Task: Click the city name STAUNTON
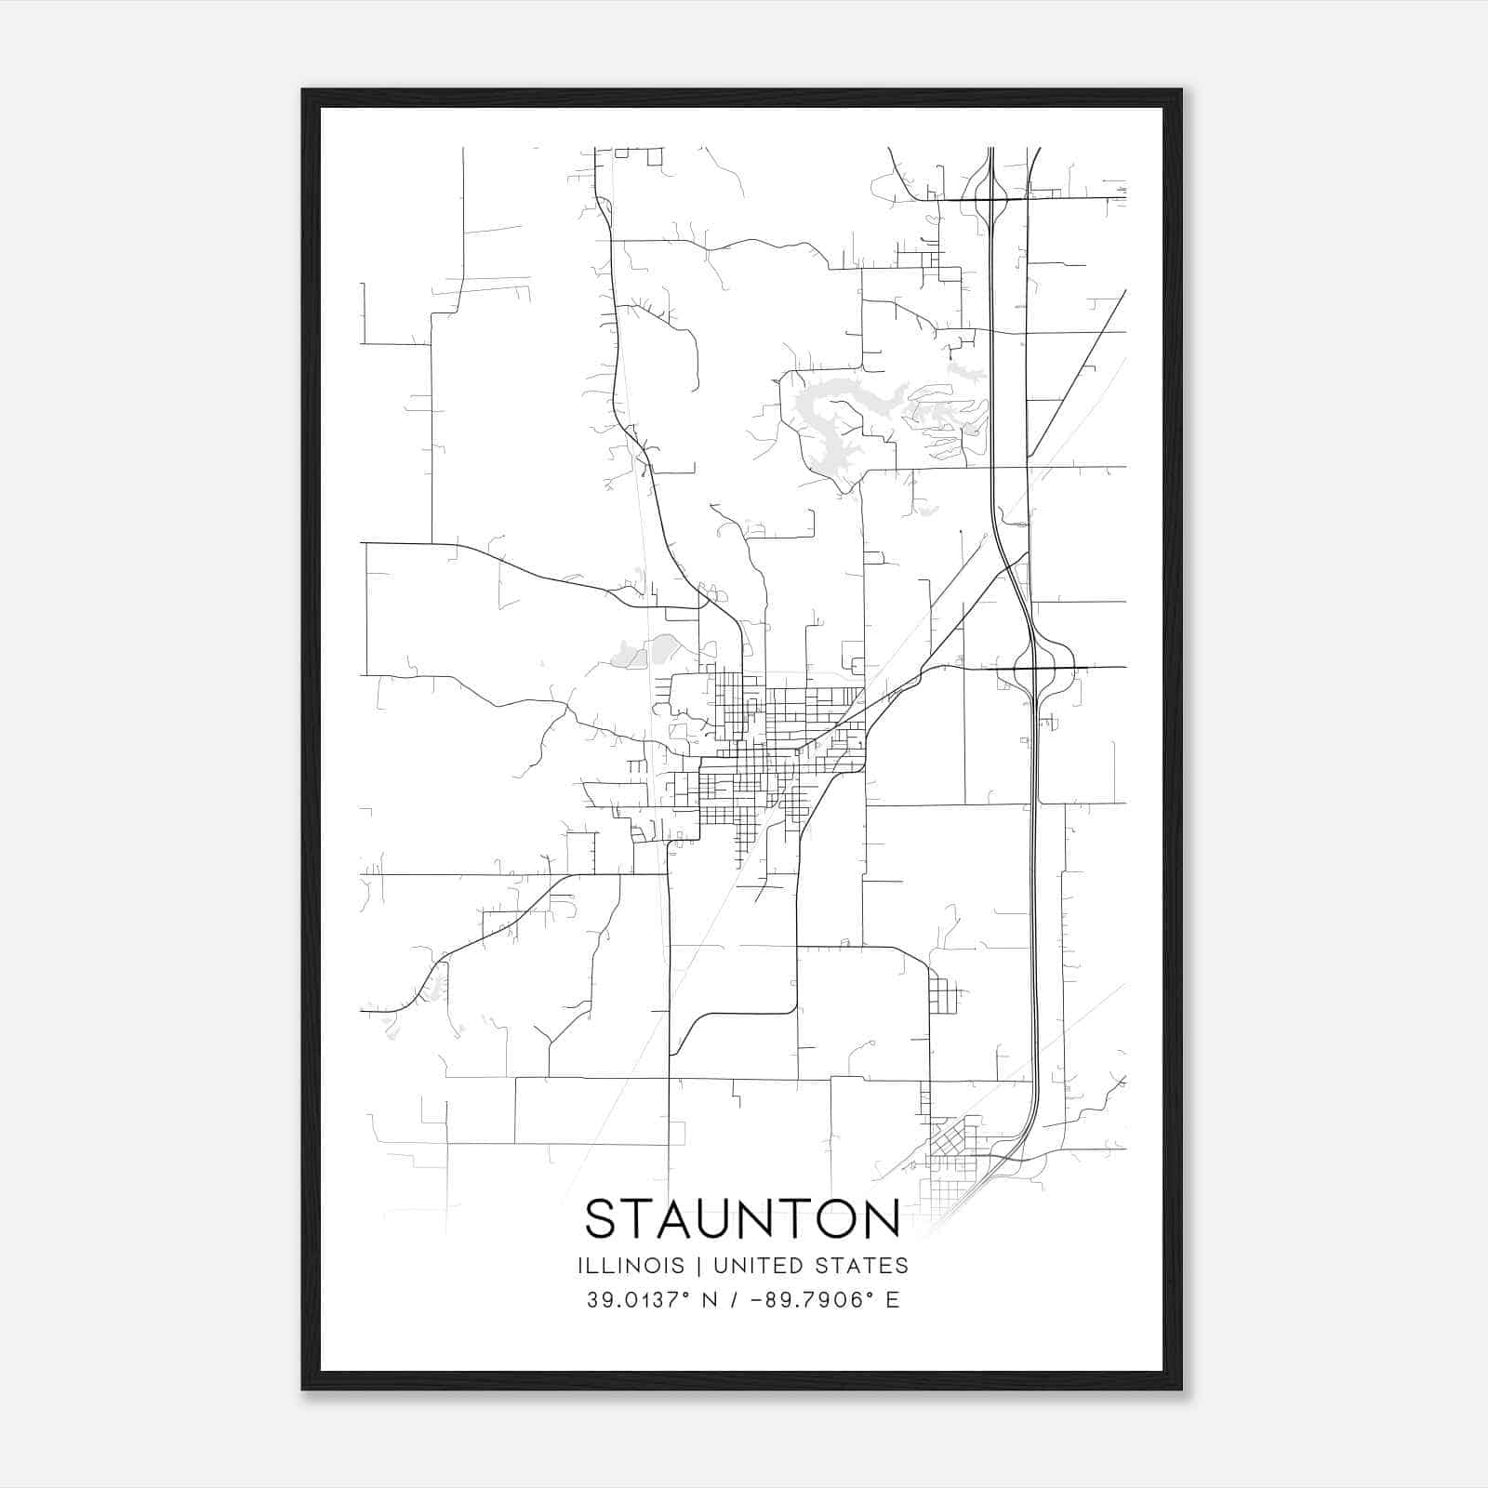[x=742, y=1219]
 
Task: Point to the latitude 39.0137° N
[x=647, y=1300]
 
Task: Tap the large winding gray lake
[x=837, y=418]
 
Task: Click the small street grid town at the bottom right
[x=953, y=1162]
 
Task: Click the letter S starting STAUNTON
[x=600, y=1219]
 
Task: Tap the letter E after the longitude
[x=893, y=1300]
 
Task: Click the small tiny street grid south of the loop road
[x=940, y=996]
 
